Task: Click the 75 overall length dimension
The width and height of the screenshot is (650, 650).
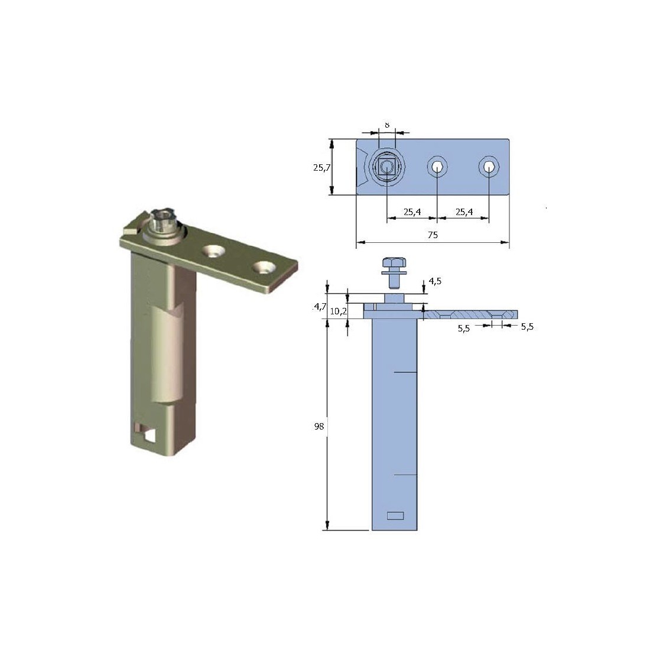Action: (432, 235)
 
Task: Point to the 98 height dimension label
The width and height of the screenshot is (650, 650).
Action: (320, 426)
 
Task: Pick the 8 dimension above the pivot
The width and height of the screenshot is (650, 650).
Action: (386, 125)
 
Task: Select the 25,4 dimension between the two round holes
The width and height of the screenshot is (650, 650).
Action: (463, 212)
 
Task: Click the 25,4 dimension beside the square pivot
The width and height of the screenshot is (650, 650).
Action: (412, 212)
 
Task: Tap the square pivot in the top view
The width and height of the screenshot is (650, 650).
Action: (386, 167)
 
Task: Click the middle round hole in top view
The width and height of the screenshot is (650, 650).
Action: (437, 167)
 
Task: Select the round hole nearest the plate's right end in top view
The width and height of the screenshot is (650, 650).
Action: (489, 167)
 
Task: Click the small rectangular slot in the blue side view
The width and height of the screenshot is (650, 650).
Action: (395, 515)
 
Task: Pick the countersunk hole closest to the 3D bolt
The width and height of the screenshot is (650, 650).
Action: (213, 252)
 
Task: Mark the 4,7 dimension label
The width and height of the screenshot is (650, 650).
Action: (320, 306)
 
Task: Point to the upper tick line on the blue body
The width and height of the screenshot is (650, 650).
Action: (406, 372)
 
